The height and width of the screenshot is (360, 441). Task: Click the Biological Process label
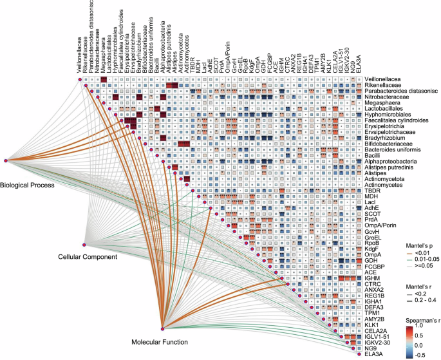(28, 184)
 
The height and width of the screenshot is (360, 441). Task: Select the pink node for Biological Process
(5, 160)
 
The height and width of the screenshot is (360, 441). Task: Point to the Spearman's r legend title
(406, 317)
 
